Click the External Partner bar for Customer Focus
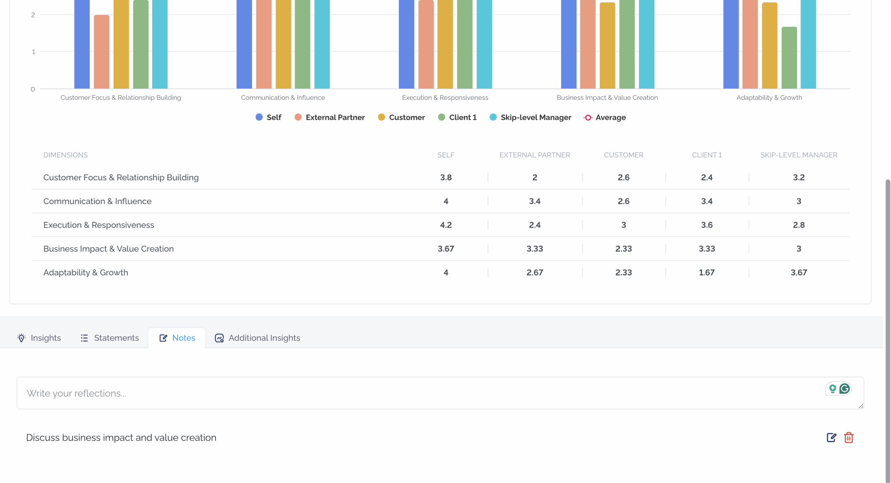pyautogui.click(x=102, y=52)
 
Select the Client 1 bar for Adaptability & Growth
pyautogui.click(x=789, y=58)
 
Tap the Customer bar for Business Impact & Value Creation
pyautogui.click(x=607, y=46)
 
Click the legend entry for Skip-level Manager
pyautogui.click(x=530, y=117)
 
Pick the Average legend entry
pyautogui.click(x=605, y=117)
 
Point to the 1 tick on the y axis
pyautogui.click(x=33, y=52)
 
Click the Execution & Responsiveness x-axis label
pyautogui.click(x=445, y=97)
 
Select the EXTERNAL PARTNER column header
pyautogui.click(x=535, y=155)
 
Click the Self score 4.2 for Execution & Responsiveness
pyautogui.click(x=446, y=225)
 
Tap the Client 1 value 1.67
pyautogui.click(x=707, y=272)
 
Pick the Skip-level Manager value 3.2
pyautogui.click(x=799, y=177)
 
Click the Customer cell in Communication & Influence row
pyautogui.click(x=623, y=201)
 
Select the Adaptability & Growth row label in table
pyautogui.click(x=86, y=272)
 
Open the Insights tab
pyautogui.click(x=39, y=338)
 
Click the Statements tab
pyautogui.click(x=109, y=338)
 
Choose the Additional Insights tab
pyautogui.click(x=257, y=338)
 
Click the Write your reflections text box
pyautogui.click(x=440, y=393)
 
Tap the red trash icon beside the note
pyautogui.click(x=849, y=437)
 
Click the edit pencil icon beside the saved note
pyautogui.click(x=831, y=437)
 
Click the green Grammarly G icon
pyautogui.click(x=844, y=388)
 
